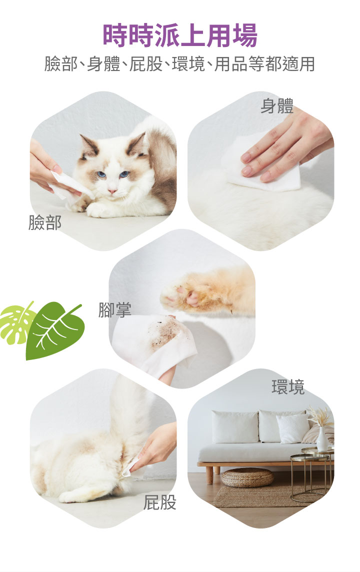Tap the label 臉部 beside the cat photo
45,222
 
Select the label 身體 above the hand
277,106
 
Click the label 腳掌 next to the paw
114,309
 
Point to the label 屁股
160,502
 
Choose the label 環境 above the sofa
288,387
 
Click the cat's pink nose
112,191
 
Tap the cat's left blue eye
101,174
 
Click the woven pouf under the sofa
247,477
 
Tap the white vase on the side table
322,439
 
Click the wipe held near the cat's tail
129,467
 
